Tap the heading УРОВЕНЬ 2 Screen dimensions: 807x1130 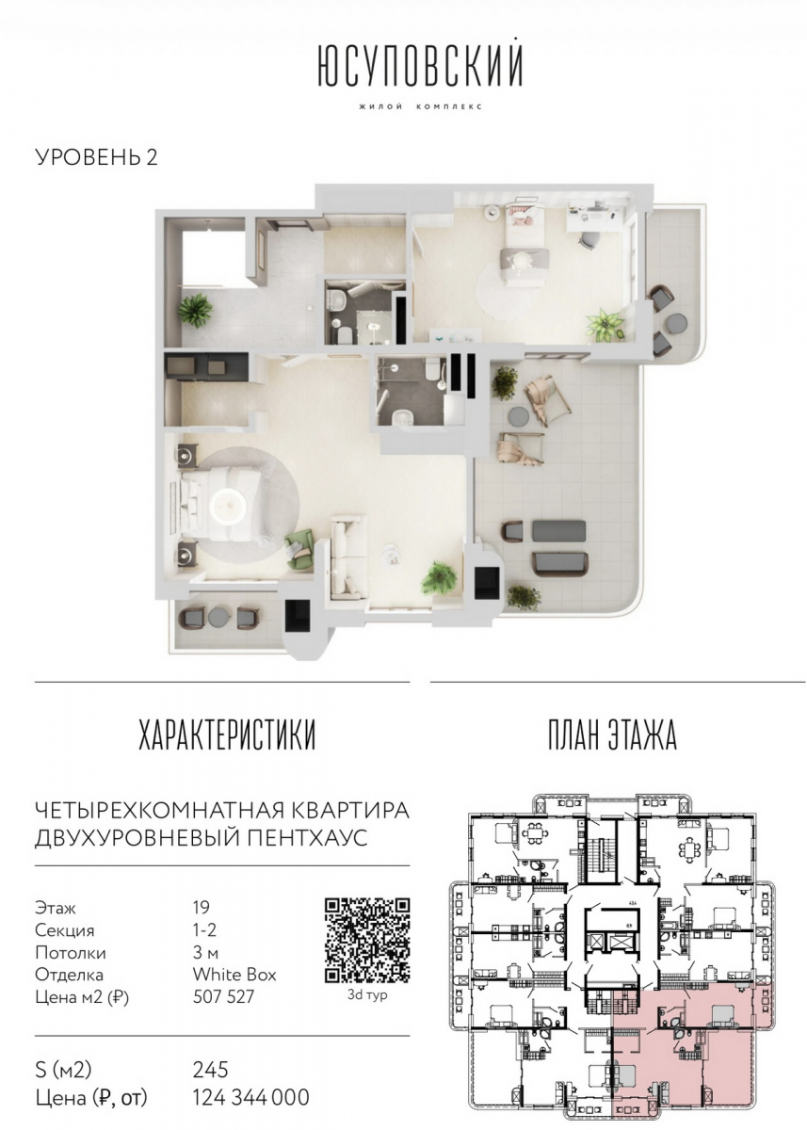click(95, 156)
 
